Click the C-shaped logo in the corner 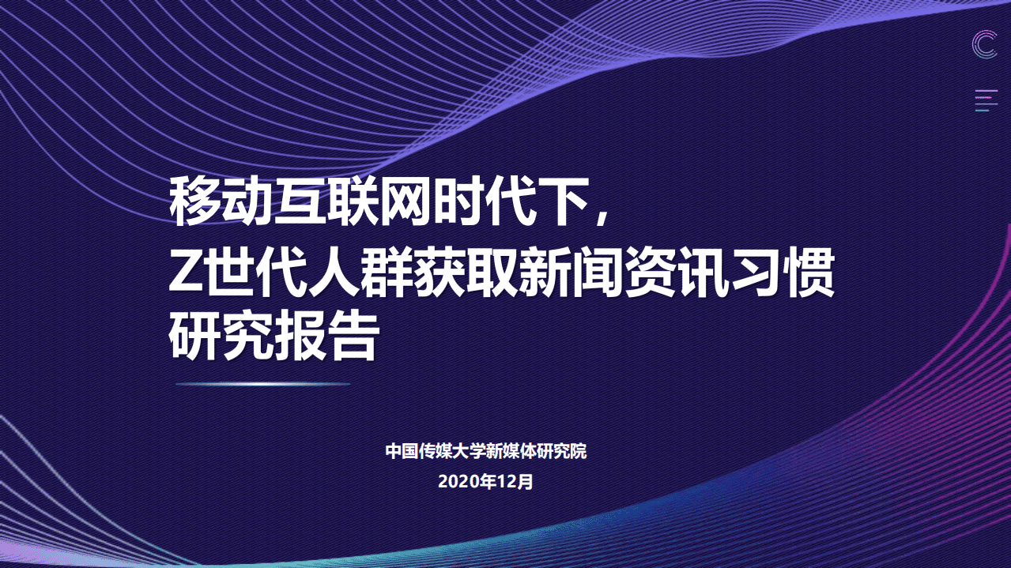pos(984,44)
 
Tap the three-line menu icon pos(986,100)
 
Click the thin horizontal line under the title pos(262,384)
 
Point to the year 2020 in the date pos(458,481)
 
